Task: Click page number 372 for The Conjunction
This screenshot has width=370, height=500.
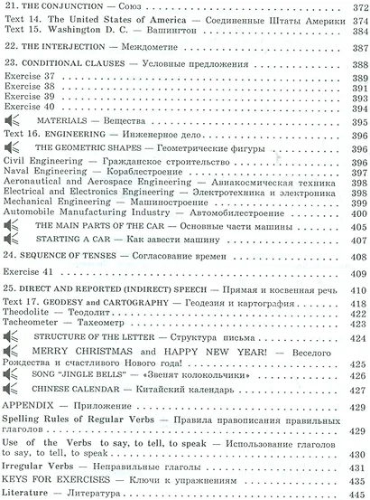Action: (x=357, y=7)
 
